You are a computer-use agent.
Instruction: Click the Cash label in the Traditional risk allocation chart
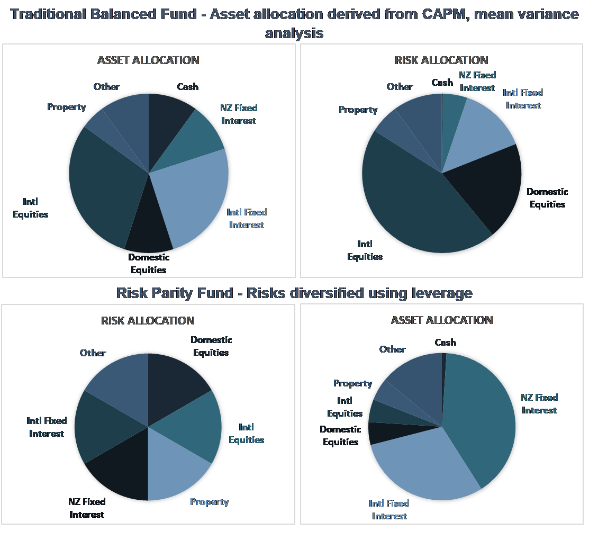[x=442, y=83]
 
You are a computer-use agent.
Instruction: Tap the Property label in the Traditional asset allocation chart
[x=67, y=107]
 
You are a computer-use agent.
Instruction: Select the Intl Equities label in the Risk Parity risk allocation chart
[x=246, y=434]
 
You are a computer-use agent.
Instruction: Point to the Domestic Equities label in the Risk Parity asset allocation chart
[x=340, y=436]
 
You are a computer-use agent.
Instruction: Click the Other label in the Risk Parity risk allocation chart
[x=93, y=353]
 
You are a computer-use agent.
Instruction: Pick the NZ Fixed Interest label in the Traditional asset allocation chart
[x=239, y=114]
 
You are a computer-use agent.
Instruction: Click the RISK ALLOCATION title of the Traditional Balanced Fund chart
[x=441, y=60]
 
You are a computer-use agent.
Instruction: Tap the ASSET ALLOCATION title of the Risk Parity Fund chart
[x=442, y=320]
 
